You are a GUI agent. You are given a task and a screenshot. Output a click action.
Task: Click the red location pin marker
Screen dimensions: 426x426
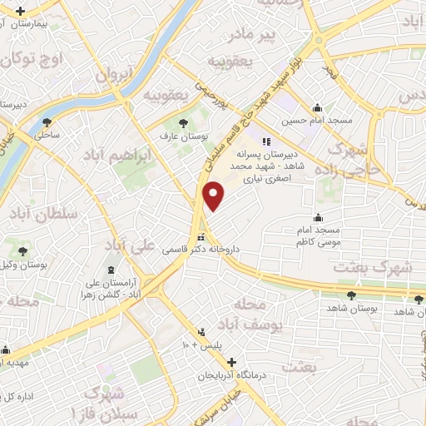215,196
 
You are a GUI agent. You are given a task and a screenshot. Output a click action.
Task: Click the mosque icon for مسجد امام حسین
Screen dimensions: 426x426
317,107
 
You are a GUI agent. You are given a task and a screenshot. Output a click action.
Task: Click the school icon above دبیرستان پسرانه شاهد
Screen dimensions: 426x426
267,141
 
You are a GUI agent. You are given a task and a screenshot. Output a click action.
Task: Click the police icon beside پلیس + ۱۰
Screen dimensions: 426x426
200,330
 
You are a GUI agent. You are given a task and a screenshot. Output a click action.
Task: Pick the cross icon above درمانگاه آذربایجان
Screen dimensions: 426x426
232,362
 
